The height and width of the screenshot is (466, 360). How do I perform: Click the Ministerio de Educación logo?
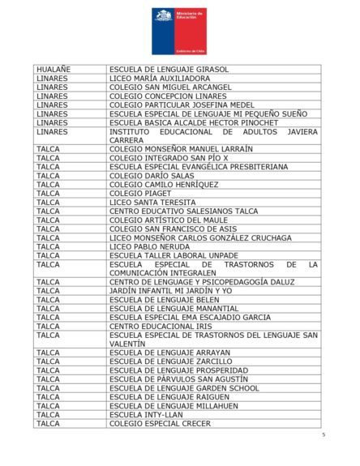pos(179,31)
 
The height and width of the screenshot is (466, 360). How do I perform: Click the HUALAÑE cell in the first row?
pos(54,70)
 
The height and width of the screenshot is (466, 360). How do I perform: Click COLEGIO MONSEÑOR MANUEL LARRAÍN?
pos(181,149)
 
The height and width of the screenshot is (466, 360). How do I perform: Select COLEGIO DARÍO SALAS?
pos(152,176)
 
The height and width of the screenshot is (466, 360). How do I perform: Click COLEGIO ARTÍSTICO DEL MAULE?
pos(169,220)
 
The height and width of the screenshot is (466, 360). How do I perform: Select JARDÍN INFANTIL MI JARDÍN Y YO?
pos(170,290)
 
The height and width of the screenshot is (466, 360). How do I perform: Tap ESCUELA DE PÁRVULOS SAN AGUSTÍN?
pos(178,379)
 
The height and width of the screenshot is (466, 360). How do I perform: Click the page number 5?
pos(323,435)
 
